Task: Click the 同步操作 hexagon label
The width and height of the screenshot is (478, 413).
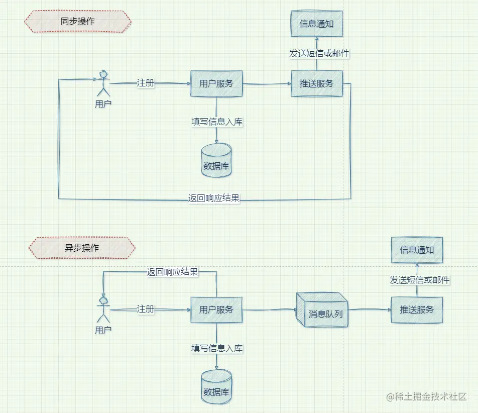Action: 78,21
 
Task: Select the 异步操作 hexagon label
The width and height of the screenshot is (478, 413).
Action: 82,248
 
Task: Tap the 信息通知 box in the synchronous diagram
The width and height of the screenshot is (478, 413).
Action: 316,24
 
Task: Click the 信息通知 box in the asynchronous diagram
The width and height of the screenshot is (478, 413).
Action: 417,250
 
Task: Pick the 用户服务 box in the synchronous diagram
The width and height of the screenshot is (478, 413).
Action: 216,83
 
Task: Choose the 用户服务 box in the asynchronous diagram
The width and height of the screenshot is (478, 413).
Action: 216,310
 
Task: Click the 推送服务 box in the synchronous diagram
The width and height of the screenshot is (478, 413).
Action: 317,83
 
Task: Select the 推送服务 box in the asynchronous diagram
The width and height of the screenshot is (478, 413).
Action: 417,310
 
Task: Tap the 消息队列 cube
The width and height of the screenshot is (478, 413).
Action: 322,310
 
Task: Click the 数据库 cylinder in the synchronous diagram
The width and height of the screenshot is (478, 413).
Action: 216,160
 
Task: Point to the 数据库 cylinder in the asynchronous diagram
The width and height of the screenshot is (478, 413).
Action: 216,387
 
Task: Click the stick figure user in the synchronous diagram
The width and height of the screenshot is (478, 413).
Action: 103,83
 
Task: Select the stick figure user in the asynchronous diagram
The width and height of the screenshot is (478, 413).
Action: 103,309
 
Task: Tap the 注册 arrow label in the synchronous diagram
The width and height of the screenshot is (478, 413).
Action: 146,83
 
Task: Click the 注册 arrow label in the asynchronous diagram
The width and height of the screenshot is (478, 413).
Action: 146,309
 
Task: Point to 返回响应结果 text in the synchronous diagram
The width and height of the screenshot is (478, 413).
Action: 214,198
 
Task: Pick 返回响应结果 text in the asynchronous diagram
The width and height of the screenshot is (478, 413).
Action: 173,272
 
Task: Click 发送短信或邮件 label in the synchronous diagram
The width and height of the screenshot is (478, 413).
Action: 319,54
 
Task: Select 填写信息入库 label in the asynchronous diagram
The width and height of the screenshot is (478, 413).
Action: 217,348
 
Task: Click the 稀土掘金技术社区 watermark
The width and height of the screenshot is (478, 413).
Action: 426,396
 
